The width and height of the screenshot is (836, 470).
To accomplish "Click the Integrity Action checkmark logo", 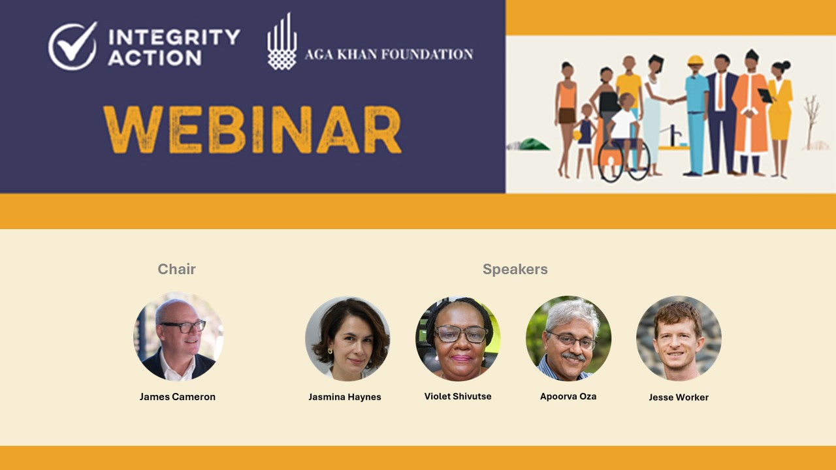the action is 72,46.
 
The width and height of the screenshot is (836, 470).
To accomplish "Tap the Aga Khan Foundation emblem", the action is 282,41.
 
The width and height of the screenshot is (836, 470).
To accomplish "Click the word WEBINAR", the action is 252,130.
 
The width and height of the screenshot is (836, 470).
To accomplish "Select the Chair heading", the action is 176,269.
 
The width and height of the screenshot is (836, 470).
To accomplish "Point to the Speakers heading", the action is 515,269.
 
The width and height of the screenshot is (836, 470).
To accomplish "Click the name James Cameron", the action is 177,396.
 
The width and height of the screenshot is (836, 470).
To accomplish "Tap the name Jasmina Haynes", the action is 344,397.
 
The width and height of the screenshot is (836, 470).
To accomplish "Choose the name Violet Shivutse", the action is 458,396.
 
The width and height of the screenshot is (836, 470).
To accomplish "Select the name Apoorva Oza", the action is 568,396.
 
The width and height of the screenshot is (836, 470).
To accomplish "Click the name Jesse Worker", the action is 679,398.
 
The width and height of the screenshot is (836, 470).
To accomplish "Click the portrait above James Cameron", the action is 178,336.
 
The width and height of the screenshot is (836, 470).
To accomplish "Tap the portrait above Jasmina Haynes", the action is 347,338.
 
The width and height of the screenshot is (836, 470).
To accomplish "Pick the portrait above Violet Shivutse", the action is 458,338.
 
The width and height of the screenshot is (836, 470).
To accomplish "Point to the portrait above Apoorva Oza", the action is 568,338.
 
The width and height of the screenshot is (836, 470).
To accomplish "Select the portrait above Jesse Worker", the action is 679,338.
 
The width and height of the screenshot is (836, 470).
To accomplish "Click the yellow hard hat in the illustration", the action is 696,61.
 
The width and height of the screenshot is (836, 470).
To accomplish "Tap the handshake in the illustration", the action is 671,101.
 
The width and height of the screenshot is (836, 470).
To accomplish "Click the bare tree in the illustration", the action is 811,122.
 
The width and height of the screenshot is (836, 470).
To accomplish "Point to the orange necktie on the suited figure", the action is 720,91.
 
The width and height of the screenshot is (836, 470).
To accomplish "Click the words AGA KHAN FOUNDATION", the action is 389,54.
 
